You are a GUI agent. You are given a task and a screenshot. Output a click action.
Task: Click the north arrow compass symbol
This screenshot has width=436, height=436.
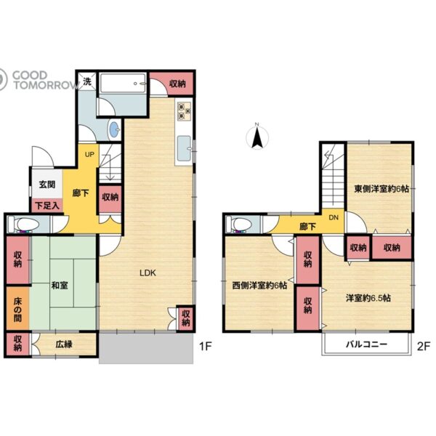[257, 137]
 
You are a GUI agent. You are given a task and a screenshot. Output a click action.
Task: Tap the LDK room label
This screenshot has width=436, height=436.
[148, 272]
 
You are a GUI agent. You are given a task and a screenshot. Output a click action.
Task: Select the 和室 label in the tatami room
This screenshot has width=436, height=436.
[60, 286]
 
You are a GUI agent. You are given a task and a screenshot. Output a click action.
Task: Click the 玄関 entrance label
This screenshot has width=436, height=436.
[47, 185]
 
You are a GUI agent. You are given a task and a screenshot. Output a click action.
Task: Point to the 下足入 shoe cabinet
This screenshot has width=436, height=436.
[47, 206]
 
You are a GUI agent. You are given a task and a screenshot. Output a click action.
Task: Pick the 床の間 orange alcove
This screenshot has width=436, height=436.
[17, 309]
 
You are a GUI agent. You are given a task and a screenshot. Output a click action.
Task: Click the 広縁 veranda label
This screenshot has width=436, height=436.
[64, 344]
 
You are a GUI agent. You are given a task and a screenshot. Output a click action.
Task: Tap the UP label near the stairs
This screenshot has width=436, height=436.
[89, 154]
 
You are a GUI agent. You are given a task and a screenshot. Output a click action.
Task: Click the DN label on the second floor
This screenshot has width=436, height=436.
[334, 217]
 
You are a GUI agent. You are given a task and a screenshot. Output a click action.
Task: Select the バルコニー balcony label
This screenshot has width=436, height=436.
[366, 344]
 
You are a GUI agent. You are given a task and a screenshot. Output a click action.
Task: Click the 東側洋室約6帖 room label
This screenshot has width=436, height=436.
[381, 189]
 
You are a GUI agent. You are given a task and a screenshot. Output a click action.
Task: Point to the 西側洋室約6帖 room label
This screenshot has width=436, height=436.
[259, 286]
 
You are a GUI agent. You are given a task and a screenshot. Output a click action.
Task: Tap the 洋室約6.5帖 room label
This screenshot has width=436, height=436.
[368, 298]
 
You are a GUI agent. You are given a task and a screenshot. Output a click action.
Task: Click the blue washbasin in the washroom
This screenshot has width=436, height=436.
[114, 130]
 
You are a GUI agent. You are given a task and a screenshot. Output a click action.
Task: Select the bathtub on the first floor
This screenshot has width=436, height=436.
[123, 83]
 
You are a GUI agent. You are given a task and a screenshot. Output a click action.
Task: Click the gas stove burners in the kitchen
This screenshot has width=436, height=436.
[185, 111]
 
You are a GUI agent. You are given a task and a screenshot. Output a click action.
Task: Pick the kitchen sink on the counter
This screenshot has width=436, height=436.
[184, 148]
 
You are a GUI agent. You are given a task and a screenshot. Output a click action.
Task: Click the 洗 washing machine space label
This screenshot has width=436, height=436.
[87, 81]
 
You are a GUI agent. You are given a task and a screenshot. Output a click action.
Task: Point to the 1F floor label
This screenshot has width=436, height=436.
[206, 347]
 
